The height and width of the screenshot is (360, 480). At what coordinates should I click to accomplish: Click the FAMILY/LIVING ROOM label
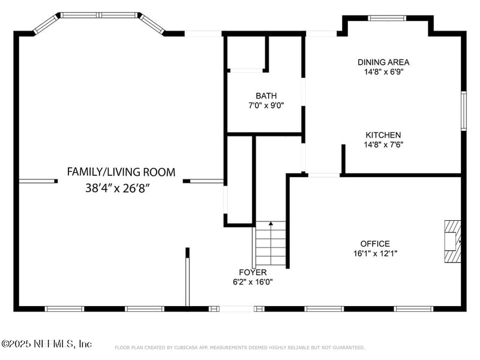[121, 172]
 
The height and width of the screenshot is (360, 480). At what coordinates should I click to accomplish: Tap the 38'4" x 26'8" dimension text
[118, 188]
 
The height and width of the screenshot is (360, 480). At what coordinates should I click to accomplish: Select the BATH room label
[266, 96]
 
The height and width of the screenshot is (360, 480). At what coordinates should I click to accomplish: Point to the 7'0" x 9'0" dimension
[266, 106]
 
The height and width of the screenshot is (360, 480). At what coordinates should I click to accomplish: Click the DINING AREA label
[383, 62]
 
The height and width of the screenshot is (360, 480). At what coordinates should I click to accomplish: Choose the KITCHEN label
[383, 135]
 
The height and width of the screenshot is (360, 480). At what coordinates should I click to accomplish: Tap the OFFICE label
[375, 244]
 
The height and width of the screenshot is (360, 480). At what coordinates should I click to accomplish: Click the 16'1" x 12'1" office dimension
[376, 253]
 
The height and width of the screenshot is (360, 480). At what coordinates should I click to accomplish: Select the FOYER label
[253, 272]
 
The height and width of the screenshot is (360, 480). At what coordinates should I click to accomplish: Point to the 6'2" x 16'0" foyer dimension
[253, 282]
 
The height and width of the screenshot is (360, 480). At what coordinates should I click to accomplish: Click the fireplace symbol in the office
[453, 241]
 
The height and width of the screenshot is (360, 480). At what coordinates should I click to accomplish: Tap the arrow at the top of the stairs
[271, 223]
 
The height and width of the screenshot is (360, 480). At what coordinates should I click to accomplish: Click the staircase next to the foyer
[271, 244]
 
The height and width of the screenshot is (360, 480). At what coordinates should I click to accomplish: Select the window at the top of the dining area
[387, 18]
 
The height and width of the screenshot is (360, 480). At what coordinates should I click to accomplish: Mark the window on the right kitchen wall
[464, 111]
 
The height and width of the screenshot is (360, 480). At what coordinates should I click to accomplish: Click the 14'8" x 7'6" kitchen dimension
[383, 145]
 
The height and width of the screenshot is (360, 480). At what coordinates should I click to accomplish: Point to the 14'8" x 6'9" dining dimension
[384, 72]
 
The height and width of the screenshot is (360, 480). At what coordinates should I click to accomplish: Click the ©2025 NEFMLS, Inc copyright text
[47, 344]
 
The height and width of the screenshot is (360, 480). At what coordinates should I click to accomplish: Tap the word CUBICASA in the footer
[186, 347]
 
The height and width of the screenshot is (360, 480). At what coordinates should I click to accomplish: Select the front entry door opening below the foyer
[236, 309]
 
